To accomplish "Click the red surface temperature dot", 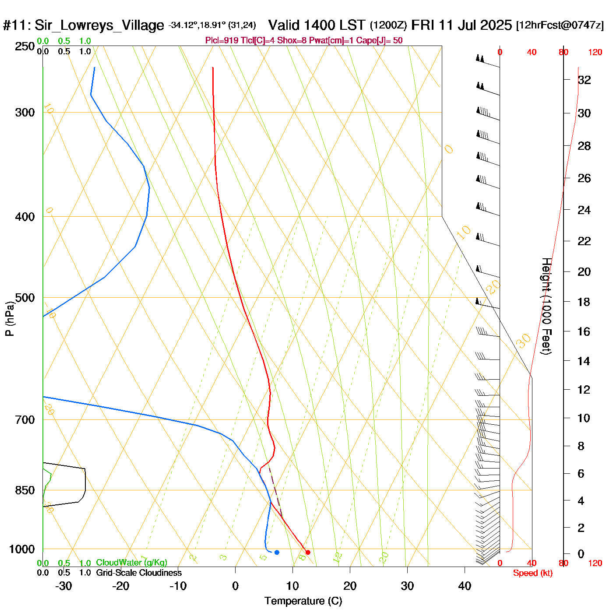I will (x=308, y=552).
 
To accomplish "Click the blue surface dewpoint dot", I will (x=277, y=552).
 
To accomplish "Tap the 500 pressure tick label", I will (x=25, y=298).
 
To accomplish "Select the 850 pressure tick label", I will (x=25, y=490).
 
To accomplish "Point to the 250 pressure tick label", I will (x=25, y=46).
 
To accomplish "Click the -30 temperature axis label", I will (x=63, y=586).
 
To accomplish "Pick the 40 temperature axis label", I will (x=465, y=586).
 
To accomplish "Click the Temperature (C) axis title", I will (x=303, y=601).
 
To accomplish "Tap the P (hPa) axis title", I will (x=10, y=319).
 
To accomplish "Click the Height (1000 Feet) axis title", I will (x=546, y=306).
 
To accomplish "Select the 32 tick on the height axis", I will (x=584, y=80).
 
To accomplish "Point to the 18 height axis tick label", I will (x=584, y=302).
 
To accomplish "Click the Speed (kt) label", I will (x=532, y=573).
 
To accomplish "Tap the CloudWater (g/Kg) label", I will (x=131, y=563).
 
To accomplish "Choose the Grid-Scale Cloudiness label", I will (x=139, y=573).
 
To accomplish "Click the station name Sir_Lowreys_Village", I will (x=99, y=25).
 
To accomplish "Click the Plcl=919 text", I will (x=222, y=41).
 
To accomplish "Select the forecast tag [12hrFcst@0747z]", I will (x=560, y=25).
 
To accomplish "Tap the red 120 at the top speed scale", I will (x=595, y=53).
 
